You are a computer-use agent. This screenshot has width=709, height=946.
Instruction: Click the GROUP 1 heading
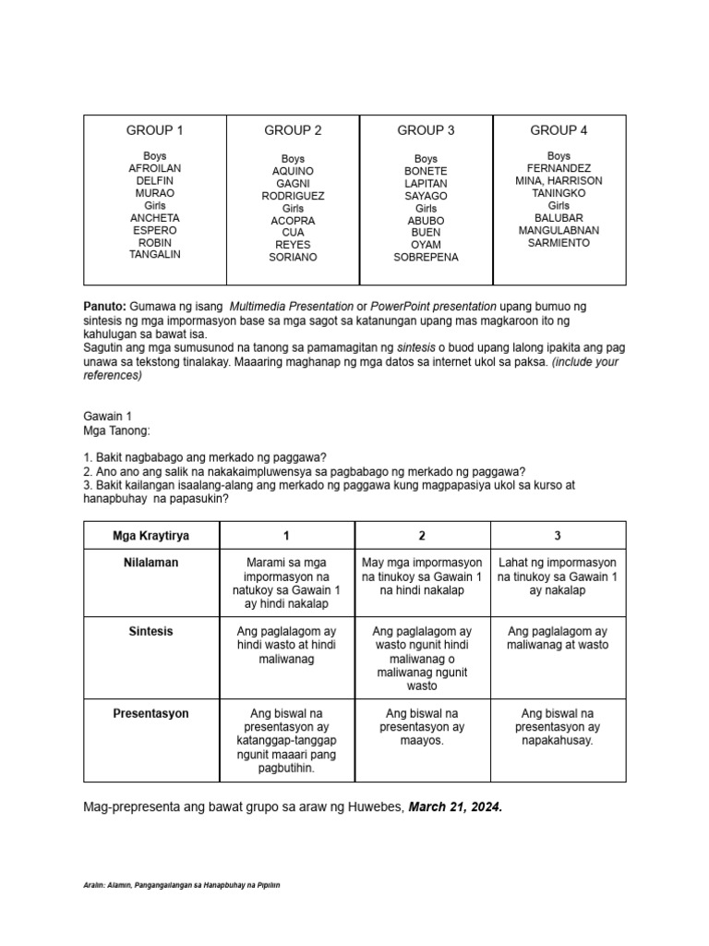coord(155,130)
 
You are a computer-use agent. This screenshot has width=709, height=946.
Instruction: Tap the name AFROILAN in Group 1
coord(155,169)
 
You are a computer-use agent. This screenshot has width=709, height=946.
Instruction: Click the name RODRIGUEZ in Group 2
coord(293,196)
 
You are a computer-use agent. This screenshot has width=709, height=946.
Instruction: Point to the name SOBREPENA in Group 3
coord(426,258)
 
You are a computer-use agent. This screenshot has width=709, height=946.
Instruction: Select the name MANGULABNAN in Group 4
coord(559,230)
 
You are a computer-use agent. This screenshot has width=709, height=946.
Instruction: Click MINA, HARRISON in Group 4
coord(559,181)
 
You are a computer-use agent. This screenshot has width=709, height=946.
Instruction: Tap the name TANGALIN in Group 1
coord(155,254)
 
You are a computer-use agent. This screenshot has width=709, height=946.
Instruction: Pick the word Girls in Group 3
coord(426,209)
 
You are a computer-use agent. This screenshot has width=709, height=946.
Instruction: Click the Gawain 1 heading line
coord(108,417)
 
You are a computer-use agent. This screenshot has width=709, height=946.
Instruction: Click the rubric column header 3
coord(558,535)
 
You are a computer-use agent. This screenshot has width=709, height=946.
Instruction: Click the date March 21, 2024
coord(456,807)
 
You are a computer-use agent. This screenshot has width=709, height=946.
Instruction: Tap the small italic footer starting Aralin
coord(181,885)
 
